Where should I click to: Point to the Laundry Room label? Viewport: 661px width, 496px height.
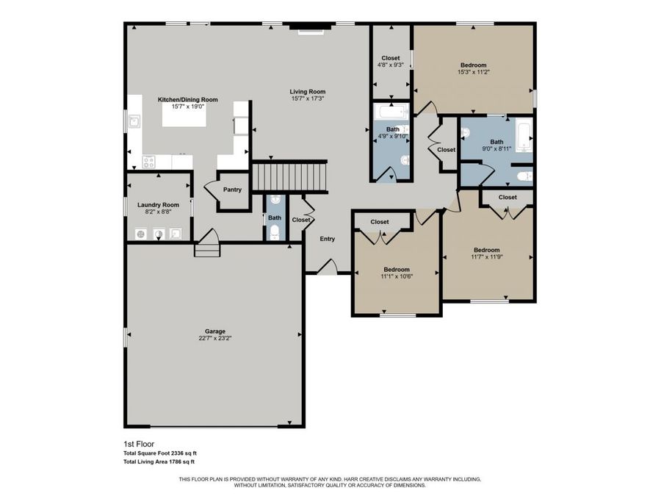(158, 205)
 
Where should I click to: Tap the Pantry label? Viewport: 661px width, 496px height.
(232, 190)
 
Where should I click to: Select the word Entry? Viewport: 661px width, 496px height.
(327, 238)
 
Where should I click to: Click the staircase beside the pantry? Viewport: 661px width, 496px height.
(289, 176)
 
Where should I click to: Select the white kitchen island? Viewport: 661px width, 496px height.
(184, 116)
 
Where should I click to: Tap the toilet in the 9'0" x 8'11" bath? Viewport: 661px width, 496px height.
(523, 176)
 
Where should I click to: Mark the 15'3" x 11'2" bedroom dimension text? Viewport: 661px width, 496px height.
(473, 72)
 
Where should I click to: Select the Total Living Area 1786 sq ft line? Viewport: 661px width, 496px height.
(159, 461)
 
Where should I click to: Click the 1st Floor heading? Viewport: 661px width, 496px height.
(137, 445)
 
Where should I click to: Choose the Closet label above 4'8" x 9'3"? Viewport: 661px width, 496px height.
(390, 58)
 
